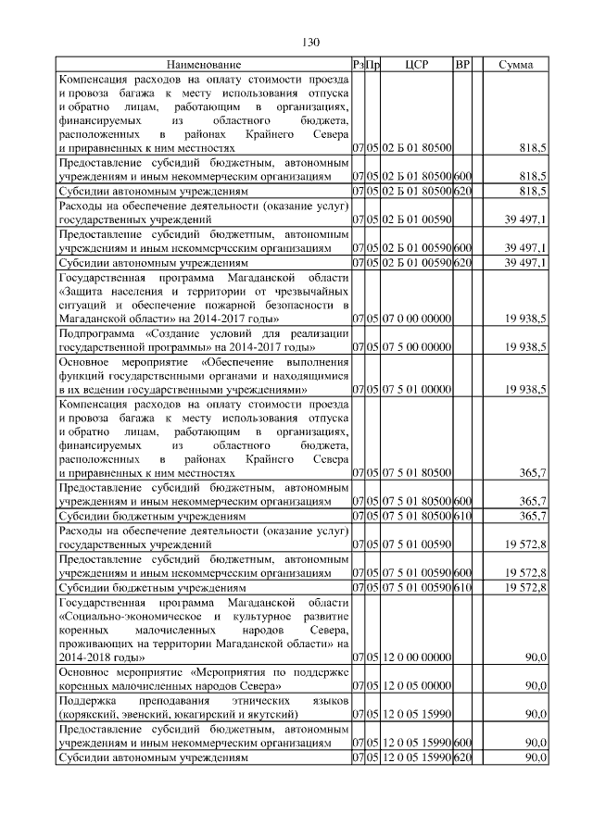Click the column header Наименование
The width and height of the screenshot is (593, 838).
[204, 66]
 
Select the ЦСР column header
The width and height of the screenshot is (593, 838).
[415, 66]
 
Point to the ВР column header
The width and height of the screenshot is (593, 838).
[462, 66]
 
